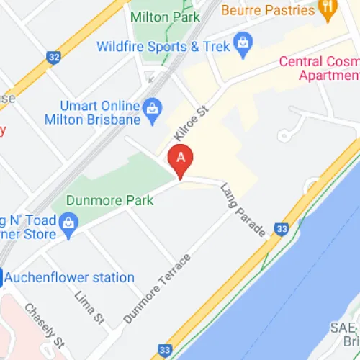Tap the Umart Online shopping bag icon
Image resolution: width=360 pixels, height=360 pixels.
point(151,109)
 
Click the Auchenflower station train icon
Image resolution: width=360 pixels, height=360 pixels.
point(2,276)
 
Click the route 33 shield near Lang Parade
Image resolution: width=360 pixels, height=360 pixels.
point(283,229)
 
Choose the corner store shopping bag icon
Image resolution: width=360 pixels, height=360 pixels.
point(69,221)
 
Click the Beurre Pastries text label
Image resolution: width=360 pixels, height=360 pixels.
point(267,10)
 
